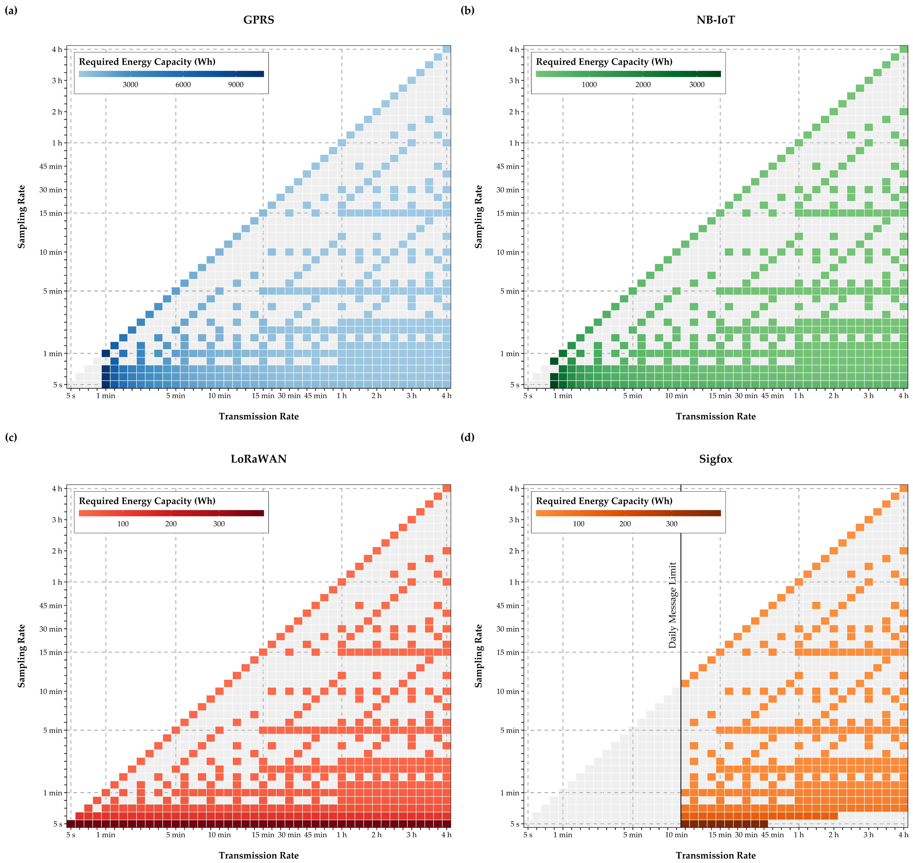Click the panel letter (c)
[x=11, y=437]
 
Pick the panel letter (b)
[x=468, y=10]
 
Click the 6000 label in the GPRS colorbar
[x=183, y=85]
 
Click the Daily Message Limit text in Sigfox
[x=673, y=605]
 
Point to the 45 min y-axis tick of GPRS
[x=51, y=166]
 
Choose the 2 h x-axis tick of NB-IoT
[x=833, y=396]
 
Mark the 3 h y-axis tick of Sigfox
[x=514, y=520]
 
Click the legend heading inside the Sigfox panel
[x=604, y=501]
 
